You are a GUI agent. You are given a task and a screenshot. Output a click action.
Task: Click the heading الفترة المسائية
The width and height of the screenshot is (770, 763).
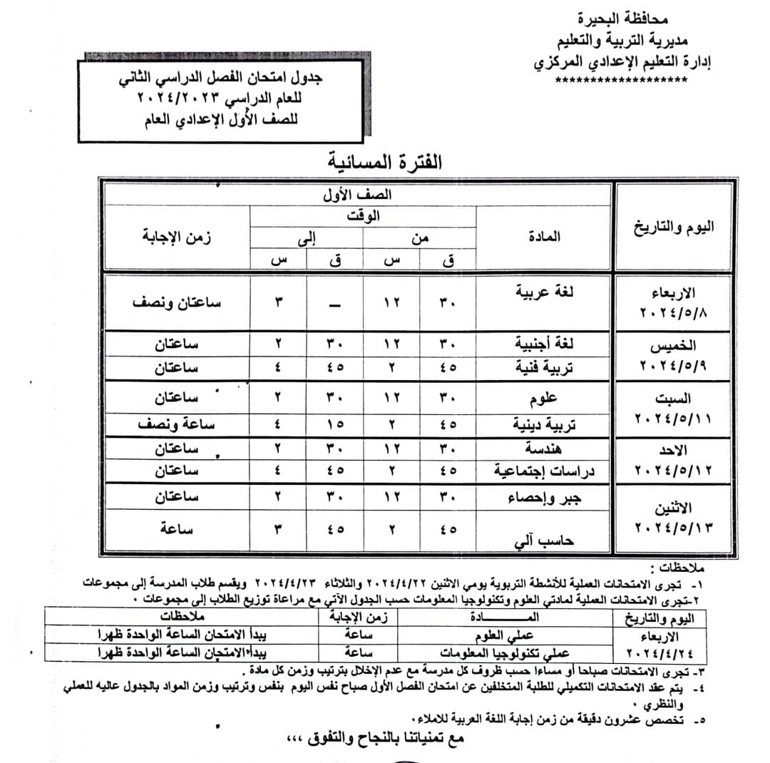tap(385, 161)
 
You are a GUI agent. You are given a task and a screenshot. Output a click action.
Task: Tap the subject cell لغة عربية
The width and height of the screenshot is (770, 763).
tap(545, 292)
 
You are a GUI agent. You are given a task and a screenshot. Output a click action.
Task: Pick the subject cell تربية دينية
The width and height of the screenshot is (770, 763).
tap(545, 425)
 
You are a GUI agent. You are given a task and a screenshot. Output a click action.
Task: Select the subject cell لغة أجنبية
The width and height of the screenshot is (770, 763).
tap(545, 344)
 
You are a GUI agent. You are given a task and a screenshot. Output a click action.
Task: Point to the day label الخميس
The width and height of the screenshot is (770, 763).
tap(673, 347)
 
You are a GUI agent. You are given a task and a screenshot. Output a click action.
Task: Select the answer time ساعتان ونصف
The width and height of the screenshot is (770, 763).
tap(177, 302)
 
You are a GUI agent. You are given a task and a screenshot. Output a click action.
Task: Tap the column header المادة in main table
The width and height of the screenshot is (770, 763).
tap(545, 236)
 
